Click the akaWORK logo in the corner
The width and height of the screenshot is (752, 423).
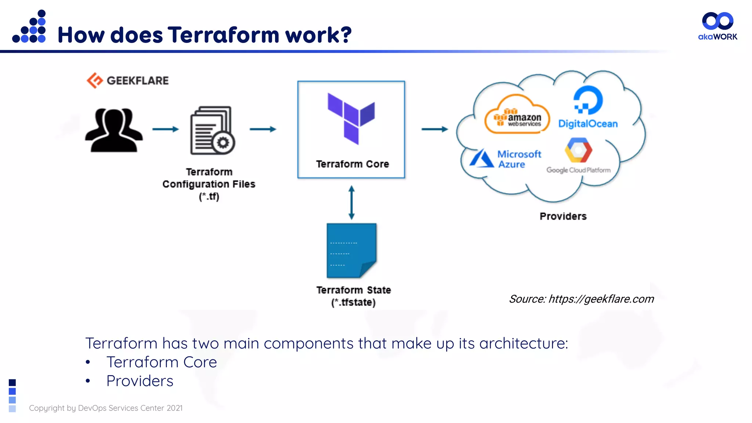717,26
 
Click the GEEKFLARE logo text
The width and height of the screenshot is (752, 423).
137,80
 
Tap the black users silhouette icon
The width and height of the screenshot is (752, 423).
114,130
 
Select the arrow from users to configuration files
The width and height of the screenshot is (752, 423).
165,129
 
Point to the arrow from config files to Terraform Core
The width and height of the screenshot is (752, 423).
263,129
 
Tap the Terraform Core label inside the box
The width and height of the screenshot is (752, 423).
352,164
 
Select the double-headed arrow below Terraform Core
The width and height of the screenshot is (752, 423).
351,202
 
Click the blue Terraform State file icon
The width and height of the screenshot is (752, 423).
351,250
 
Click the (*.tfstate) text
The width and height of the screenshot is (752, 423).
353,303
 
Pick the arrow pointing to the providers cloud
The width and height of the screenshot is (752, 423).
434,129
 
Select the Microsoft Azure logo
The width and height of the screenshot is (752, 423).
505,159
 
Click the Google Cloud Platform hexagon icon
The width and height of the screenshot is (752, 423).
578,150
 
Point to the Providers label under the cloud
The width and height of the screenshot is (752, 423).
563,216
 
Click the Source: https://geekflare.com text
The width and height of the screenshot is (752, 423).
581,299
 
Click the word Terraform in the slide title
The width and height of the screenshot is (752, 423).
224,35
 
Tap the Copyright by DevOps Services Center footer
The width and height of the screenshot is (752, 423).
106,408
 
